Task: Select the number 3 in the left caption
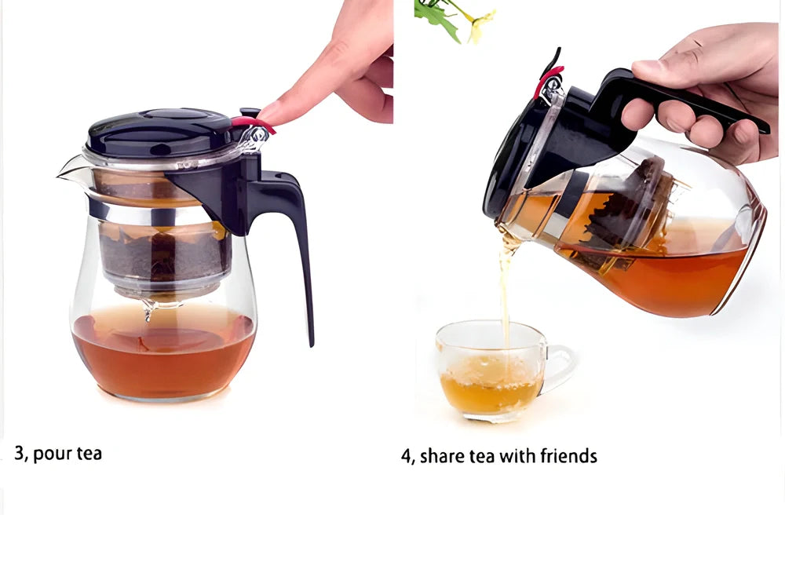coord(19,453)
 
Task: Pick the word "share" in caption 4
coord(443,456)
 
